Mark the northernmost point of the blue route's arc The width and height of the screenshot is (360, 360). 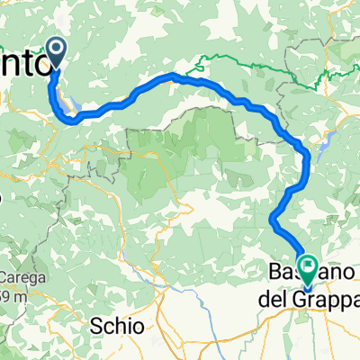click(175, 79)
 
